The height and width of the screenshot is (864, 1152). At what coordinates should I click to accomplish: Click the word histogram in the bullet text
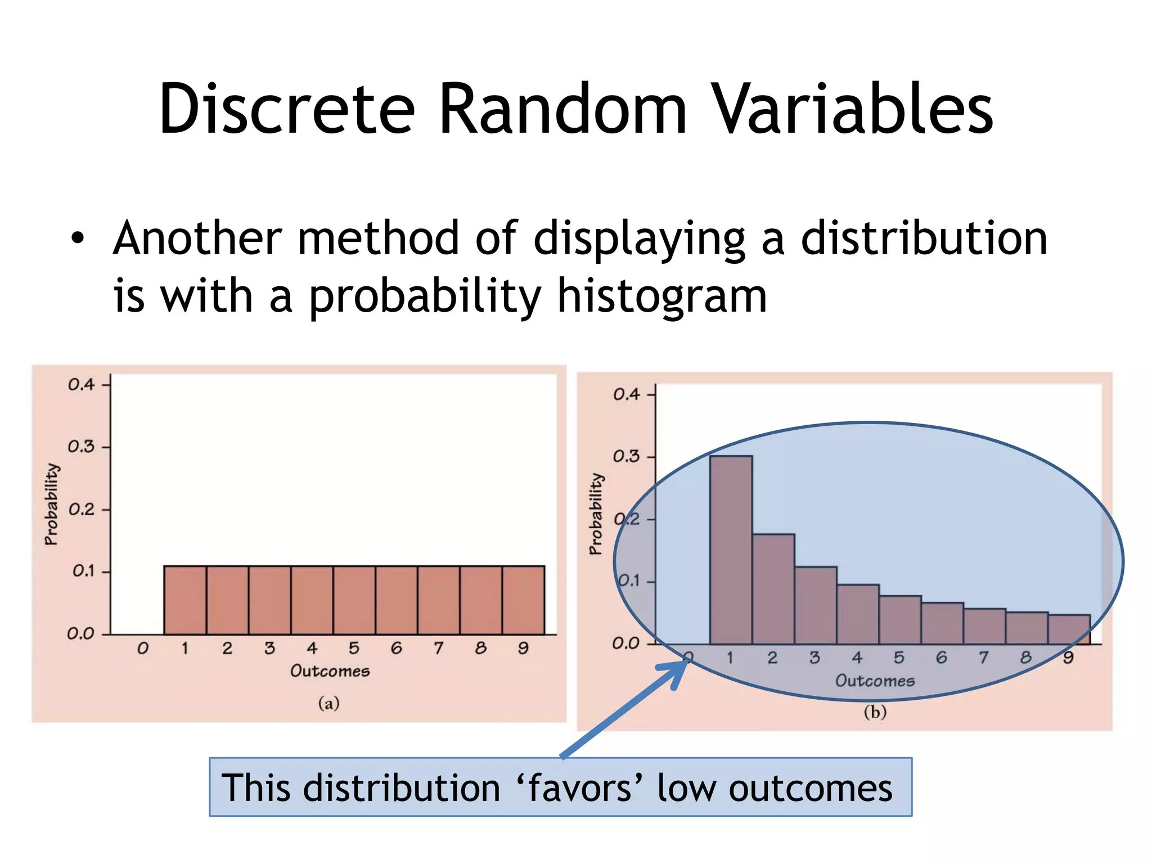[x=661, y=297]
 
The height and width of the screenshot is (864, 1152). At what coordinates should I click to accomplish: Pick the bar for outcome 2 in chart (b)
[x=773, y=588]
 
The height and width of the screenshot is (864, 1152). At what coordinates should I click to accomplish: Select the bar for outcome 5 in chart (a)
[x=354, y=600]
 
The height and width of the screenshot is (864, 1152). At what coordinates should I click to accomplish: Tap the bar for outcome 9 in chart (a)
[x=523, y=600]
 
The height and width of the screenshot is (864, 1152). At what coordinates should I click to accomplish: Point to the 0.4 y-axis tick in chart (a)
[x=82, y=385]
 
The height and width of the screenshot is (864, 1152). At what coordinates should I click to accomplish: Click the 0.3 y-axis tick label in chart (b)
[x=626, y=456]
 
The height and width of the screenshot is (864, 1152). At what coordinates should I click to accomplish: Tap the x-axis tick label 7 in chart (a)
[x=438, y=649]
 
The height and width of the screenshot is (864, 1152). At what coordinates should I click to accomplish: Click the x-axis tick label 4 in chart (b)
[x=857, y=658]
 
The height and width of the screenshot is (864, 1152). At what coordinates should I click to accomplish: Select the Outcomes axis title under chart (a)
[x=330, y=671]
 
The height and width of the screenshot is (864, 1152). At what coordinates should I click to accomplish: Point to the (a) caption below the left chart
[x=329, y=703]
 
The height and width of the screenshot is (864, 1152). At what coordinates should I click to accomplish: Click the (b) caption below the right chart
[x=875, y=712]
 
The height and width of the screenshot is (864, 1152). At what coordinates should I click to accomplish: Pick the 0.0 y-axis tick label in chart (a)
[x=80, y=634]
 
